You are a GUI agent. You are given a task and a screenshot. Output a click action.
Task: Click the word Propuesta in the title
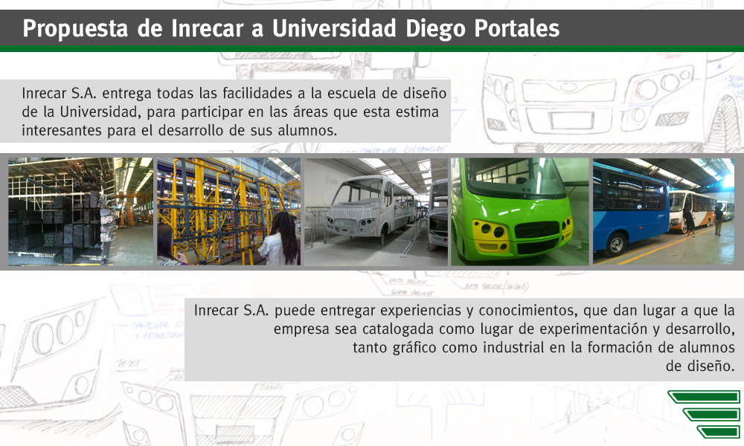point(75,29)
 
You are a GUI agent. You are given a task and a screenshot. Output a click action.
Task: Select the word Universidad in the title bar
point(334,28)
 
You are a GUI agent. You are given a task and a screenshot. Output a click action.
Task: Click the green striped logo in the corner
point(705,414)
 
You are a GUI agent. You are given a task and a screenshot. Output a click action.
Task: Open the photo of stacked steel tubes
point(80,211)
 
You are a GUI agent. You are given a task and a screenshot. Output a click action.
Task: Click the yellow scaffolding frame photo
point(228,211)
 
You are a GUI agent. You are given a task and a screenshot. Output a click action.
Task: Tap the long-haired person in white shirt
point(281,239)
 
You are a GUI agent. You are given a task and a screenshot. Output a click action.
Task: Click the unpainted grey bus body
point(370,207)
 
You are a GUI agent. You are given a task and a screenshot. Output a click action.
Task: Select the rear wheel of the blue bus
point(616,245)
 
